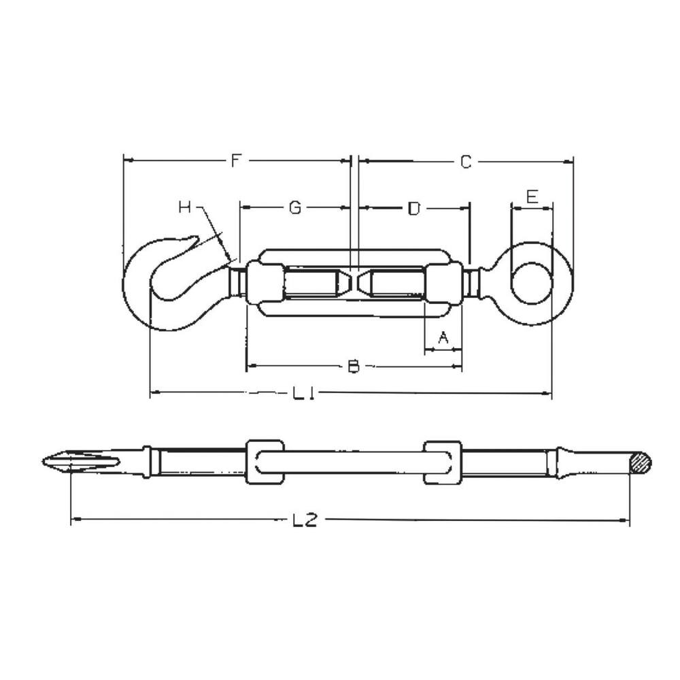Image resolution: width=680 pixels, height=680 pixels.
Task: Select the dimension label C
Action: pos(465,162)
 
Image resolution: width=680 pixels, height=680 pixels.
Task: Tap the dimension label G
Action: pos(294,207)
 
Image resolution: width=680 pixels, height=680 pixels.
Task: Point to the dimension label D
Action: pos(413,208)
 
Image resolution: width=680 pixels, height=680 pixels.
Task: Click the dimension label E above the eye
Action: pos(532,197)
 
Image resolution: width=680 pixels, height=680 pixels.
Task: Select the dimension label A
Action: pos(443,337)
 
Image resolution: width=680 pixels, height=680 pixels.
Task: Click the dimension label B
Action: pos(353,367)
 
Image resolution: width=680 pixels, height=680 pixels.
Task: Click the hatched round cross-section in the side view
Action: pos(640,463)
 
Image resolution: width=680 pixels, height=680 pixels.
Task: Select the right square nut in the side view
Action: pos(442,462)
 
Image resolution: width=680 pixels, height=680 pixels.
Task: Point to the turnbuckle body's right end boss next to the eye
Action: pos(444,283)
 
